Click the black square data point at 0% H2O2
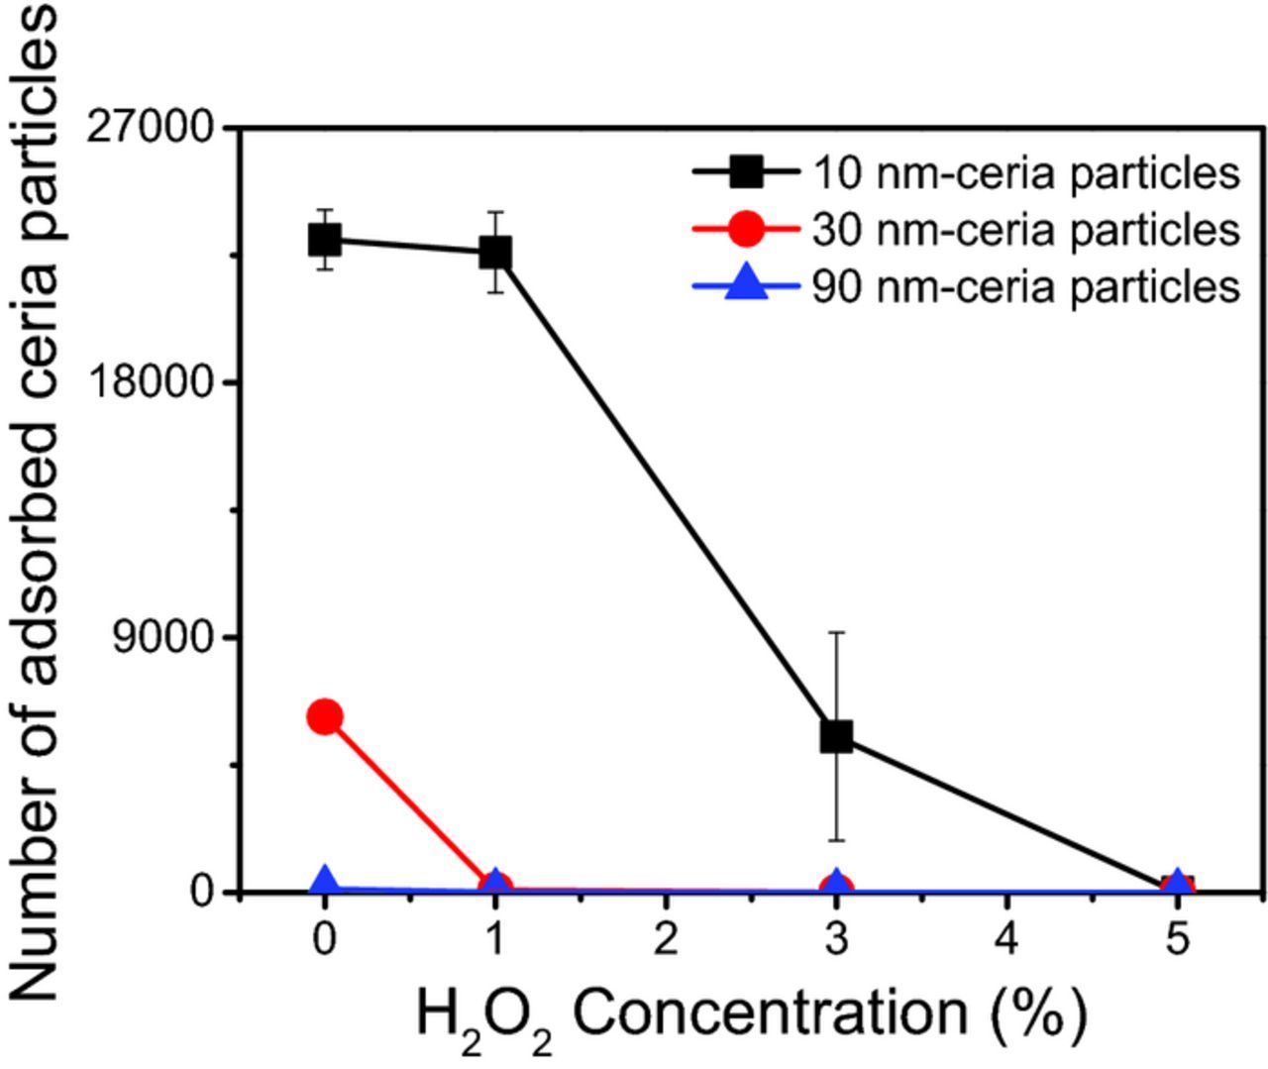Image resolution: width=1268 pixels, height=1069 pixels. (325, 239)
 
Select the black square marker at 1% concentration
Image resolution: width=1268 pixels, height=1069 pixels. (495, 252)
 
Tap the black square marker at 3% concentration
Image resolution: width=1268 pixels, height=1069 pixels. (836, 735)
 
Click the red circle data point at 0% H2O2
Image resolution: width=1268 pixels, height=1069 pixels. (325, 716)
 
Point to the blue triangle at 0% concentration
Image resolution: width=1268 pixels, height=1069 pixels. (325, 881)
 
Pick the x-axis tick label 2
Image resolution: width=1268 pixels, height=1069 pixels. (666, 938)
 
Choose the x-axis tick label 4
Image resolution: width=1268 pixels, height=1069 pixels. (1006, 938)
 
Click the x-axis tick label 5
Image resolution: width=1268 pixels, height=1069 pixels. (1177, 938)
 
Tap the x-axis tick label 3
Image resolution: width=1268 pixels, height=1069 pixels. (836, 938)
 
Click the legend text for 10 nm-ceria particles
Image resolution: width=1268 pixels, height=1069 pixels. (1025, 173)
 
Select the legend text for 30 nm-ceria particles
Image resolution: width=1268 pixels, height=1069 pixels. (1025, 230)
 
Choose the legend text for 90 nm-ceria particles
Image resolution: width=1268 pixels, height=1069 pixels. (1025, 287)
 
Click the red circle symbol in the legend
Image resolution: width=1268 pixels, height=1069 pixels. (746, 230)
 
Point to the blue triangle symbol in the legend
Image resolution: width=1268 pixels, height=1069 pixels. (746, 286)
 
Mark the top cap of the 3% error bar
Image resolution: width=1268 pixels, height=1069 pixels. (836, 631)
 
